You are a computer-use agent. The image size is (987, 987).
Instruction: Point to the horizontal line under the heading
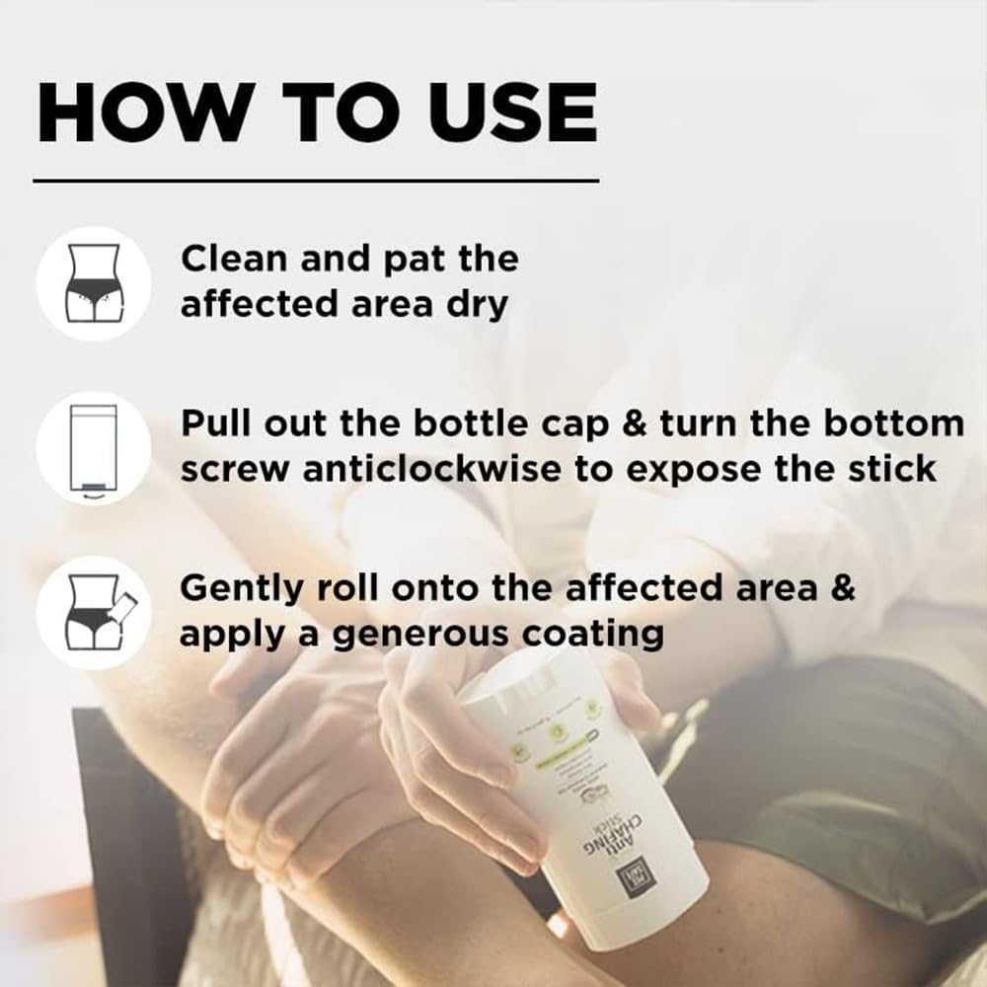316,181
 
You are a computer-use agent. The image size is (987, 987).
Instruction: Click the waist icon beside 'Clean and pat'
93,283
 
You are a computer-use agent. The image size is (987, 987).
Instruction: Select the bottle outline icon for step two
93,448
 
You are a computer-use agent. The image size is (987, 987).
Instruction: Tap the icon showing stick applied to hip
93,612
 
